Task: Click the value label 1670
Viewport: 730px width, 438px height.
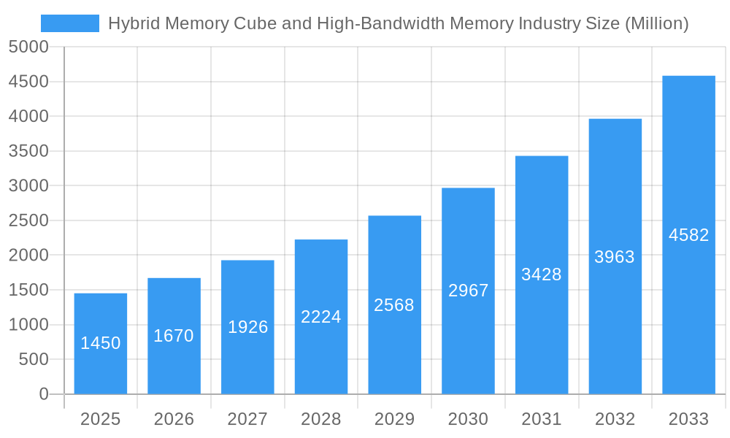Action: pyautogui.click(x=174, y=336)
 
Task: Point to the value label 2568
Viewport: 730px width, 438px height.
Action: pyautogui.click(x=394, y=305)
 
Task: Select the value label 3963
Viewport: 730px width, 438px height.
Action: pyautogui.click(x=615, y=257)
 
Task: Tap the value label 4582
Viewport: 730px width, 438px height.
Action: pyautogui.click(x=688, y=235)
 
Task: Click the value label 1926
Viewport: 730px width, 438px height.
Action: pyautogui.click(x=248, y=327)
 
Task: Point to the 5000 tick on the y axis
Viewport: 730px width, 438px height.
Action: pyautogui.click(x=28, y=47)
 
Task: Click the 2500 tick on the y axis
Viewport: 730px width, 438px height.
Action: pyautogui.click(x=28, y=221)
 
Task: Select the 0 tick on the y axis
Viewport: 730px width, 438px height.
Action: pyautogui.click(x=44, y=394)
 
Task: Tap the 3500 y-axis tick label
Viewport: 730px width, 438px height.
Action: pyautogui.click(x=28, y=152)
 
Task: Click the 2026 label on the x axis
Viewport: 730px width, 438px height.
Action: pyautogui.click(x=174, y=419)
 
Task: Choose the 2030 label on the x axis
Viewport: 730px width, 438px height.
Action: pyautogui.click(x=468, y=419)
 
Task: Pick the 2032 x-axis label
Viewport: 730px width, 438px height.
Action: pyautogui.click(x=615, y=419)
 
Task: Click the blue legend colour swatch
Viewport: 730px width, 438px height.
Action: pyautogui.click(x=70, y=23)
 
